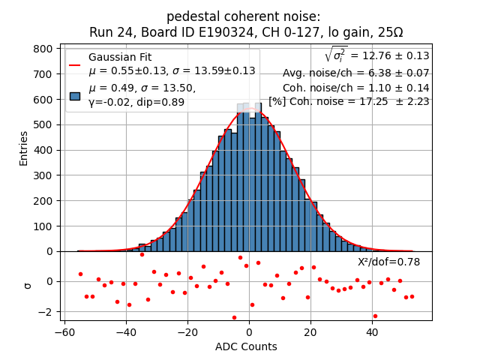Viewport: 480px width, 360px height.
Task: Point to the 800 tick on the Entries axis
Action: tap(46, 48)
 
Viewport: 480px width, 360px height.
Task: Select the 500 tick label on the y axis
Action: tap(46, 124)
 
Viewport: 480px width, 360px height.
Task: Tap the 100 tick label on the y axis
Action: tap(46, 226)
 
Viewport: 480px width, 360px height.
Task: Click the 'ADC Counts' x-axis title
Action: tap(246, 346)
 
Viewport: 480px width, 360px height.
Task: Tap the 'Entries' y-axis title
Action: tap(24, 148)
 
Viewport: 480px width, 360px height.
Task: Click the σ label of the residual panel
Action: tap(28, 285)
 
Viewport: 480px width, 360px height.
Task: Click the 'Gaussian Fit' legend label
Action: tap(120, 57)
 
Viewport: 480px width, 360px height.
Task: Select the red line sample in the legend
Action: tap(75, 64)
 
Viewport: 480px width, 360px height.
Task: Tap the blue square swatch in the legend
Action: tap(75, 95)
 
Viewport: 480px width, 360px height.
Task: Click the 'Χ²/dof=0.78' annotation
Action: tap(388, 262)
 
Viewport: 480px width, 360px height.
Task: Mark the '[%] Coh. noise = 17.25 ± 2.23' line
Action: tap(349, 101)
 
